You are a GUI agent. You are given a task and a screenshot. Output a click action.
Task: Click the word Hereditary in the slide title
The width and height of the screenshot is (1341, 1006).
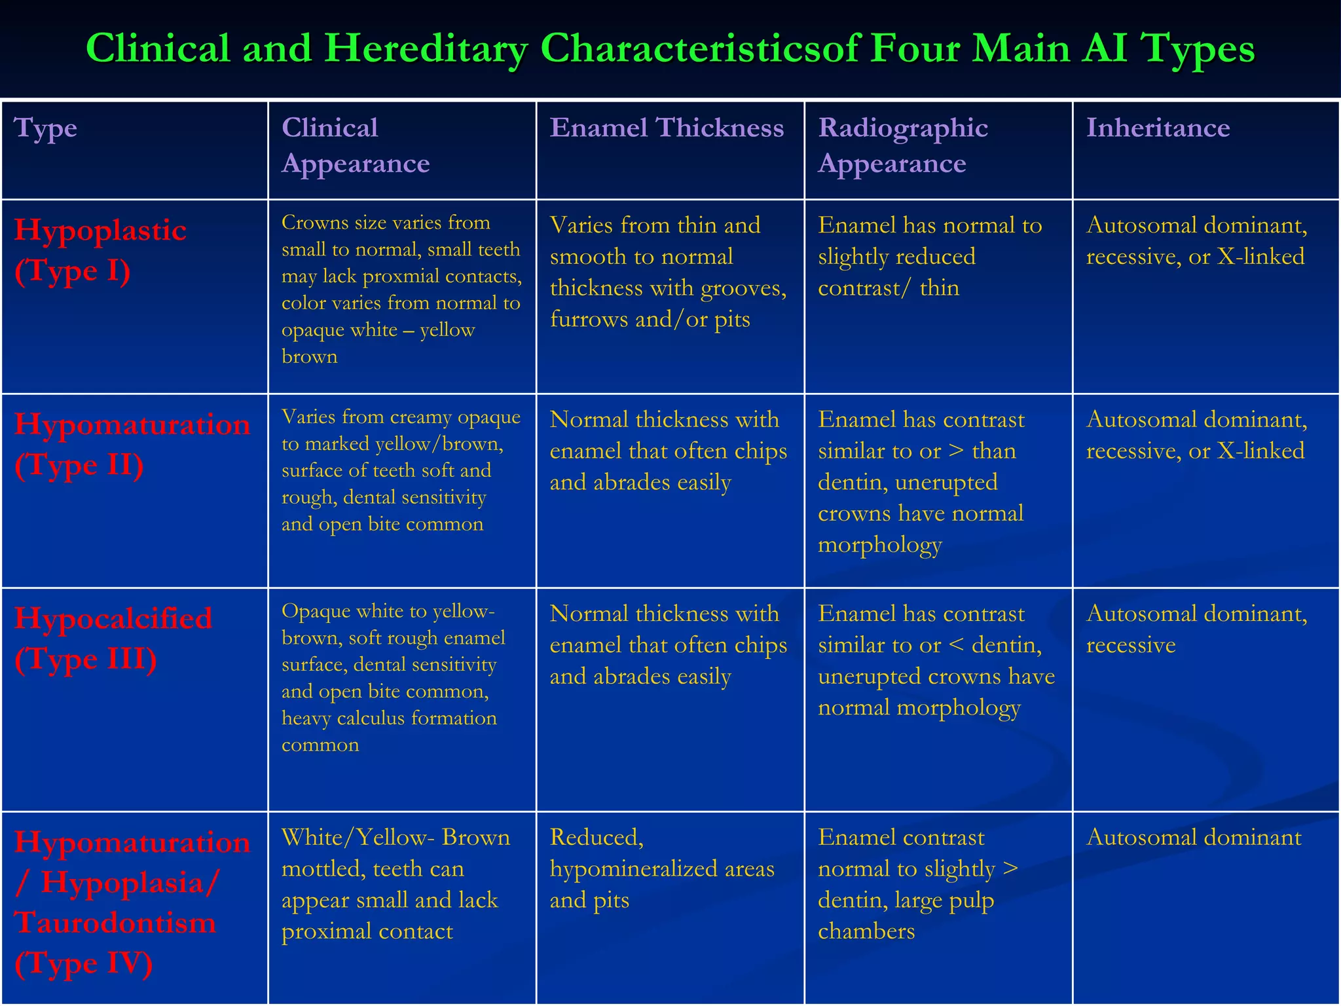pos(426,48)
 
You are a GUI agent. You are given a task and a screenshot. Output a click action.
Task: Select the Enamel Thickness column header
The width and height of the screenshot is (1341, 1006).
pos(667,128)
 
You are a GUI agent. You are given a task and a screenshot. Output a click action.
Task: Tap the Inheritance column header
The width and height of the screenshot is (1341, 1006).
pos(1158,128)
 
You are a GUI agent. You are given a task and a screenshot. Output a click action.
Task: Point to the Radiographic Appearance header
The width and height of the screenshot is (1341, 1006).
pos(903,145)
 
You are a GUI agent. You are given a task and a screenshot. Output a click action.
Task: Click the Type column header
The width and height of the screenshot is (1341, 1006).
pos(45,128)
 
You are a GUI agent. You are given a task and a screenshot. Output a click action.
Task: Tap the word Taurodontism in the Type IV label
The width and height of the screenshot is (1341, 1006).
pos(115,923)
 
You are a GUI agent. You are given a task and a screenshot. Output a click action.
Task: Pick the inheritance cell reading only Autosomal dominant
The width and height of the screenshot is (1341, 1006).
pos(1194,838)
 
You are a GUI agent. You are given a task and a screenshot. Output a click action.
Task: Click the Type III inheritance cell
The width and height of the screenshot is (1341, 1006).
pos(1196,629)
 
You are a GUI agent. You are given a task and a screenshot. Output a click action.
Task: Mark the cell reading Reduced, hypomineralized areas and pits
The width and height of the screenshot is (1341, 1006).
pos(661,869)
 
